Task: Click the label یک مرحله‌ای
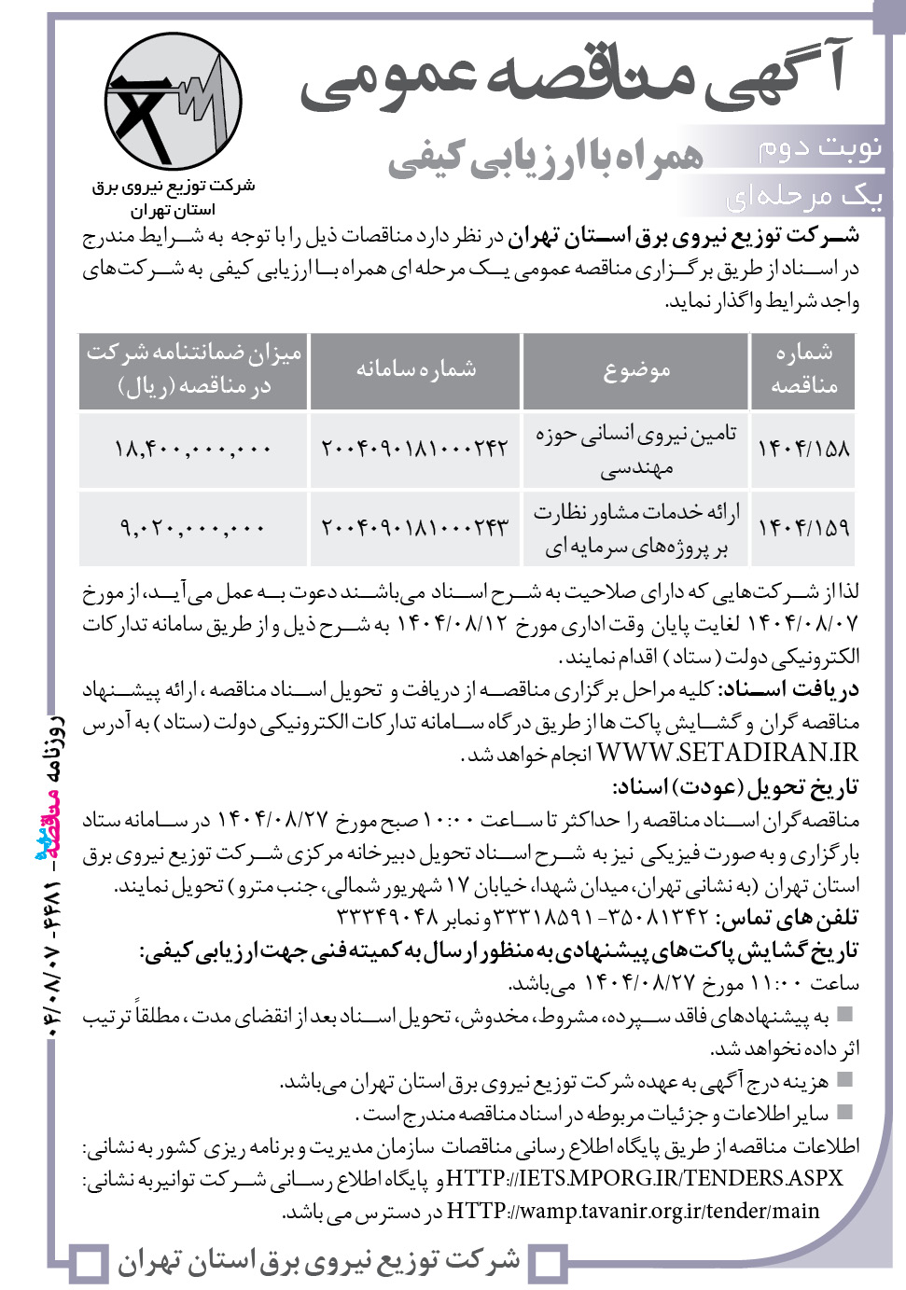tap(803, 196)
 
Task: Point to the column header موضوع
tap(636, 370)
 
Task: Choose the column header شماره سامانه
tap(415, 369)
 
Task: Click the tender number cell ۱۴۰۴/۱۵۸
tap(803, 449)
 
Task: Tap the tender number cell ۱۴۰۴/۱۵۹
tap(803, 528)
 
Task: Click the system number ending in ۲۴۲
tap(415, 449)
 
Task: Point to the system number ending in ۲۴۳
tap(415, 528)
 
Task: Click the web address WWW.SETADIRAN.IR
tap(727, 753)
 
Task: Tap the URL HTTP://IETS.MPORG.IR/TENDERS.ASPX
tap(645, 1178)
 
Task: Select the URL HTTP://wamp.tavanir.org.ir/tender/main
tap(634, 1212)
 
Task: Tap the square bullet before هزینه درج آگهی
tap(845, 1080)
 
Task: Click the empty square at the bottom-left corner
tap(90, 1264)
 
